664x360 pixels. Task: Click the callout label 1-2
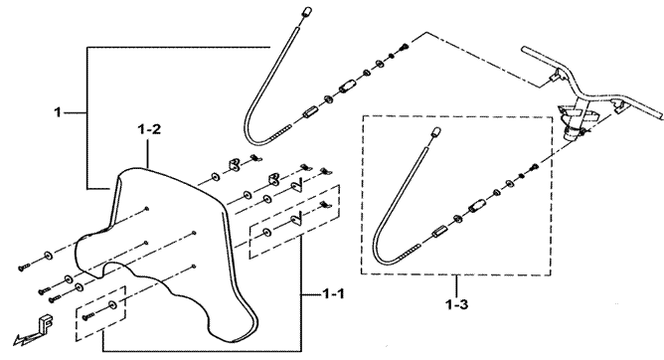pos(149,129)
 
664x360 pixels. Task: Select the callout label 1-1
pos(333,293)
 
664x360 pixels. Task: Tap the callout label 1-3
pos(457,304)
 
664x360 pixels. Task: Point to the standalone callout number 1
pos(58,112)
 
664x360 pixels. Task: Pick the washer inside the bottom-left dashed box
pos(112,304)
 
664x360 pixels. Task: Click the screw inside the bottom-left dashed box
pos(88,315)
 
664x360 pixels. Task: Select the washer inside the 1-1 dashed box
pos(266,232)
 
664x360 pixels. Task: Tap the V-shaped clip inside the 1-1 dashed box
pos(296,218)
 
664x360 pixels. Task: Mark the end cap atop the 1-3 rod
pos(435,131)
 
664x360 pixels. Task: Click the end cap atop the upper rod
pos(307,11)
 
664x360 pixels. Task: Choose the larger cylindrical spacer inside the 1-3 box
pos(475,207)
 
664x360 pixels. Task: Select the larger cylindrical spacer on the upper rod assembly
pos(346,88)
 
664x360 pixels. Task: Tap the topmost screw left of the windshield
pos(24,267)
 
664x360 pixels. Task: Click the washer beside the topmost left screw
pos(47,256)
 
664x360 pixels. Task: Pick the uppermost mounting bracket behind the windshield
pos(235,164)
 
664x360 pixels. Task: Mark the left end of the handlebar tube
pos(525,50)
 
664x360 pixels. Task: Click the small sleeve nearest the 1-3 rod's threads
pos(438,232)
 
